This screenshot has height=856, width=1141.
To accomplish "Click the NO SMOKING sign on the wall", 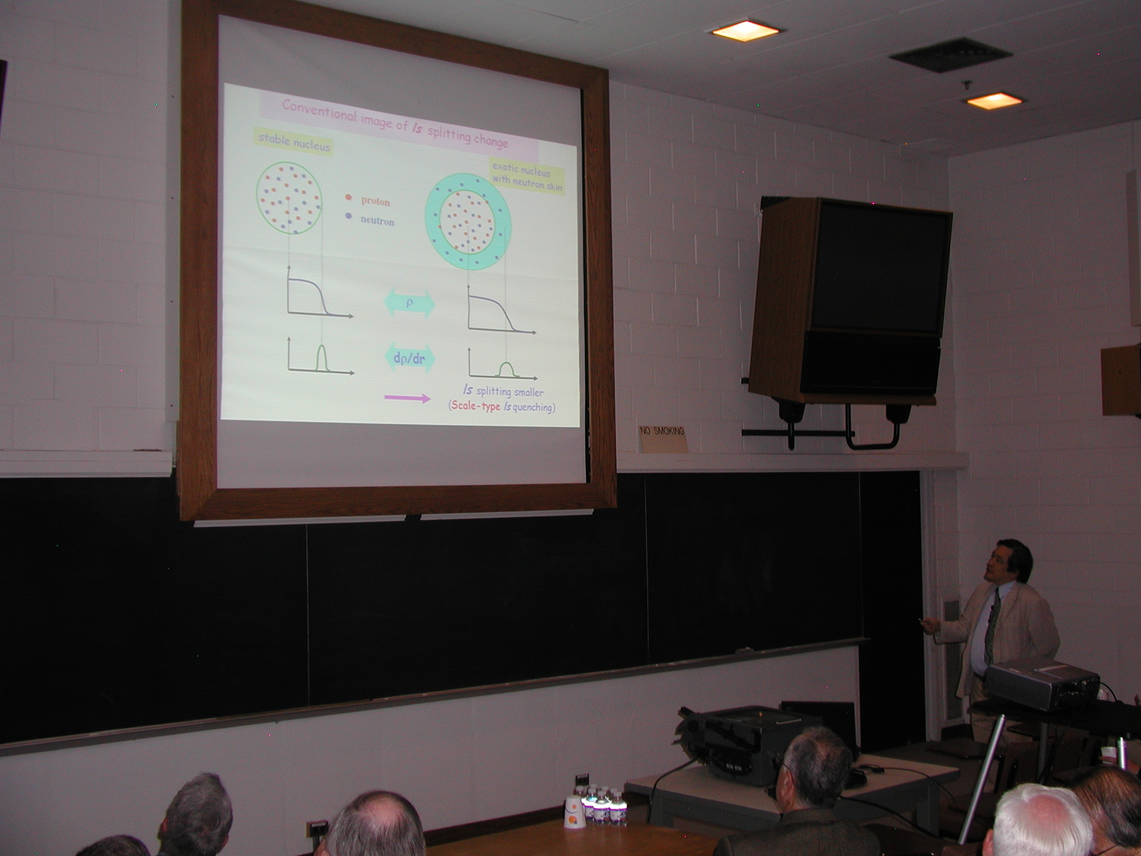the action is [x=662, y=437].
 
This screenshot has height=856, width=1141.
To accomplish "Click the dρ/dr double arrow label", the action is [x=409, y=359].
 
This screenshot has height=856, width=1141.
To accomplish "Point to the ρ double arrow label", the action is [x=409, y=303].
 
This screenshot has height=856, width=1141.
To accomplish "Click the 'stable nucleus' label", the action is [x=294, y=142].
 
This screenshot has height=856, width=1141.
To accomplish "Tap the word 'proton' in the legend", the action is [x=376, y=201].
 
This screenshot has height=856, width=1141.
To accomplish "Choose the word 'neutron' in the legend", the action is [x=377, y=221].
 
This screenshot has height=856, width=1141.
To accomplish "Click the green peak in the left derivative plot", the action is [x=321, y=358].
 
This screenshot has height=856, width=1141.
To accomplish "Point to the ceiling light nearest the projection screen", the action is [x=745, y=31].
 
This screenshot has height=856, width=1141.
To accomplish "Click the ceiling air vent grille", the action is [x=950, y=56].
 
